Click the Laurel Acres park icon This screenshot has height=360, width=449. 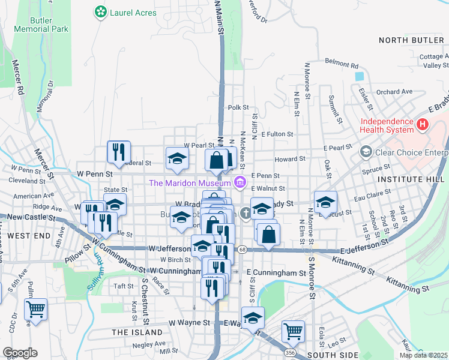pos(100,12)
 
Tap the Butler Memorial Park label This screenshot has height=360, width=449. pos(41,24)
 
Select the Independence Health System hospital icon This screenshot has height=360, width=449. pos(423,125)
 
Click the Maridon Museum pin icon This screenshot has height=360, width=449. pos(240,182)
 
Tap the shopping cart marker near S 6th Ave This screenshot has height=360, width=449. pos(35,310)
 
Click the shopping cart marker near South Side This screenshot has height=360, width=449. pos(293,330)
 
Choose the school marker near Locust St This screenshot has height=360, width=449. pos(325,202)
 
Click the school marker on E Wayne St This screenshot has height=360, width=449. pos(253,317)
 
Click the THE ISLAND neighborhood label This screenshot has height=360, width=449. pos(136,332)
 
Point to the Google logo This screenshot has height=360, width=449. pos(20,353)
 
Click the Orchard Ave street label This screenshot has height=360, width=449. pos(395,92)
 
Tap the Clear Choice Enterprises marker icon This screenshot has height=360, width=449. pos(365,152)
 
